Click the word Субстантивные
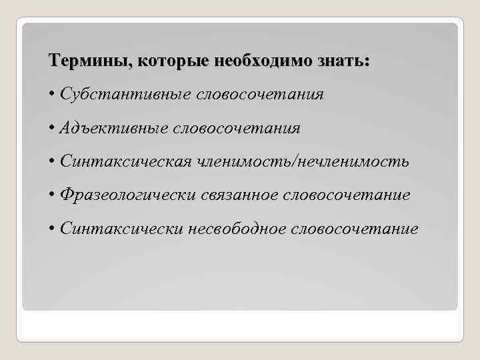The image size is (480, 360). tap(125, 95)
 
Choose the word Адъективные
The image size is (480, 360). tap(113, 128)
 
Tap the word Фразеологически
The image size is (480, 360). tap(128, 195)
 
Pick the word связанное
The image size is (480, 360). tap(241, 195)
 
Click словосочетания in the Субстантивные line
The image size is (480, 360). tap(260, 95)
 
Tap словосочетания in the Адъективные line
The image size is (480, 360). tap(237, 128)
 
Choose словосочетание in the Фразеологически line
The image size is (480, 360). tap(347, 195)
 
